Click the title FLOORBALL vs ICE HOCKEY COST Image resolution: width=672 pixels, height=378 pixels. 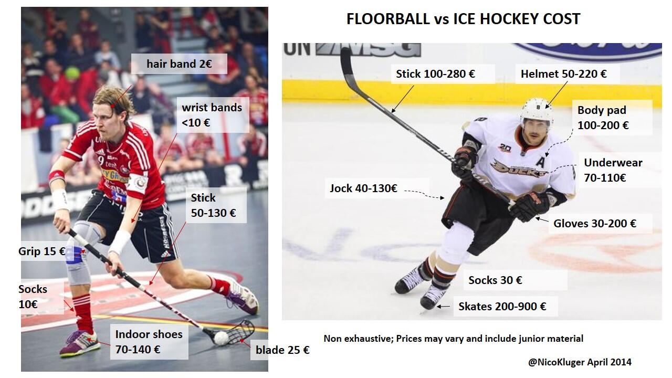click(463, 19)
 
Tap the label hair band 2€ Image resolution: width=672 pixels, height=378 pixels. click(178, 65)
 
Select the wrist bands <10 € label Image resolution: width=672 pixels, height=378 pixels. click(212, 115)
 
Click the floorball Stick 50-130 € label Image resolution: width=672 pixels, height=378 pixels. click(213, 205)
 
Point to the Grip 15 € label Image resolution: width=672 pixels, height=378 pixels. click(41, 251)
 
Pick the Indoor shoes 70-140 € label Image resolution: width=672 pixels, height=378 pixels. click(149, 342)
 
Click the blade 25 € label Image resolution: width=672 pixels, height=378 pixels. click(282, 350)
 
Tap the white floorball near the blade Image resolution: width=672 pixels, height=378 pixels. click(222, 338)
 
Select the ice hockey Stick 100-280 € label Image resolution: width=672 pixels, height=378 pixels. click(435, 74)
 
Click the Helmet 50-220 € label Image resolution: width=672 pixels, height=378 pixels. click(563, 74)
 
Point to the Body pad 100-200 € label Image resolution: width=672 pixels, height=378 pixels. click(603, 118)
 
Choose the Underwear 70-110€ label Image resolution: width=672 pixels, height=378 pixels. click(613, 170)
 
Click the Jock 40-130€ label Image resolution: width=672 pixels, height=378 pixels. click(363, 188)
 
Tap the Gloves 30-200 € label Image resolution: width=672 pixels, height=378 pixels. click(594, 224)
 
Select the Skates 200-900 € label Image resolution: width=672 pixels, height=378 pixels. click(502, 306)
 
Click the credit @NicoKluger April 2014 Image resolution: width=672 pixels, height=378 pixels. click(580, 362)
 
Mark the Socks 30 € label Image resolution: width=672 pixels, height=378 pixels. click(495, 280)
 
